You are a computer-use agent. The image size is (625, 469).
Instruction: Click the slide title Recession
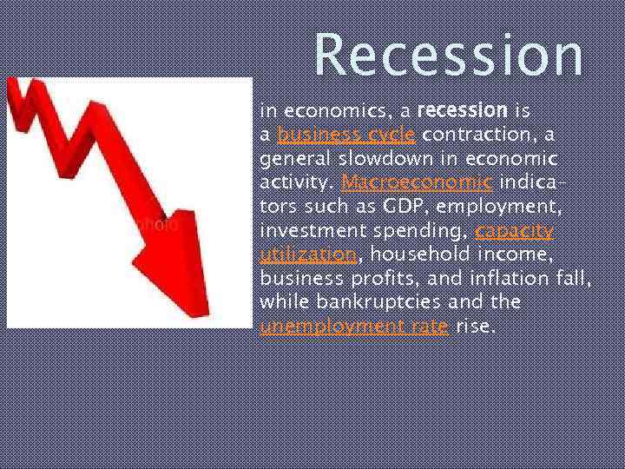tap(448, 54)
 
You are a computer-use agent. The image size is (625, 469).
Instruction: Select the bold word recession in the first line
tap(462, 111)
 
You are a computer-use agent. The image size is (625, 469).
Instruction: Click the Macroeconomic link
tap(418, 182)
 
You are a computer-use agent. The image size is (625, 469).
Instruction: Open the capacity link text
tap(514, 231)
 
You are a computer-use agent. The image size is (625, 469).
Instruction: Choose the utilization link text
tap(308, 254)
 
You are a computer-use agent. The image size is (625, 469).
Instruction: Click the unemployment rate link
tap(353, 326)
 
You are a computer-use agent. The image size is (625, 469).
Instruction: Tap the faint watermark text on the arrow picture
tap(159, 223)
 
